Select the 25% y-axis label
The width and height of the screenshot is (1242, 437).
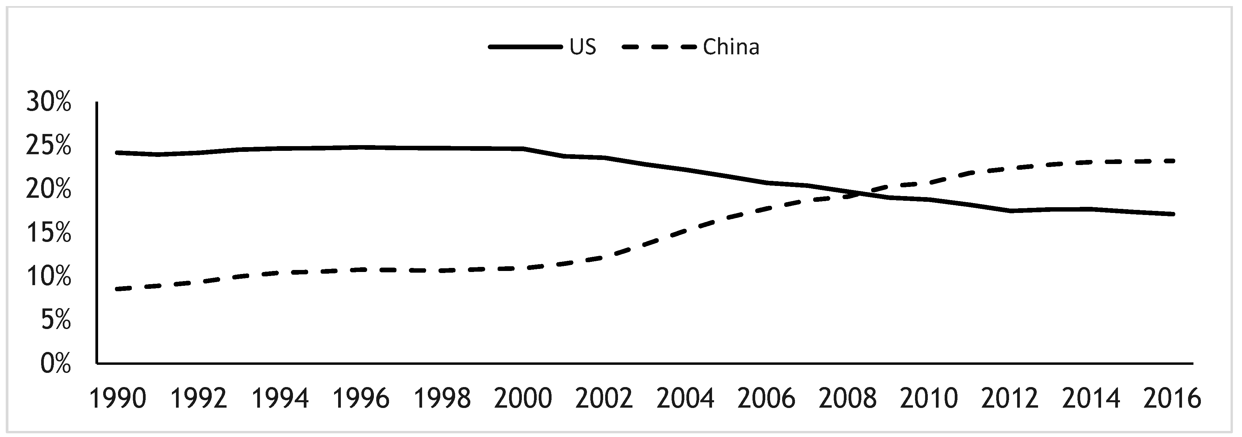(48, 146)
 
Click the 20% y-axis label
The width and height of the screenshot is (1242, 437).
(48, 190)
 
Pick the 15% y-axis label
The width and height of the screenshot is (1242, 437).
(48, 234)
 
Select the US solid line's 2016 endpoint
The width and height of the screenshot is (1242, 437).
(1173, 214)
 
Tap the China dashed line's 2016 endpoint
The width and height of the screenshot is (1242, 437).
(1173, 161)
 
